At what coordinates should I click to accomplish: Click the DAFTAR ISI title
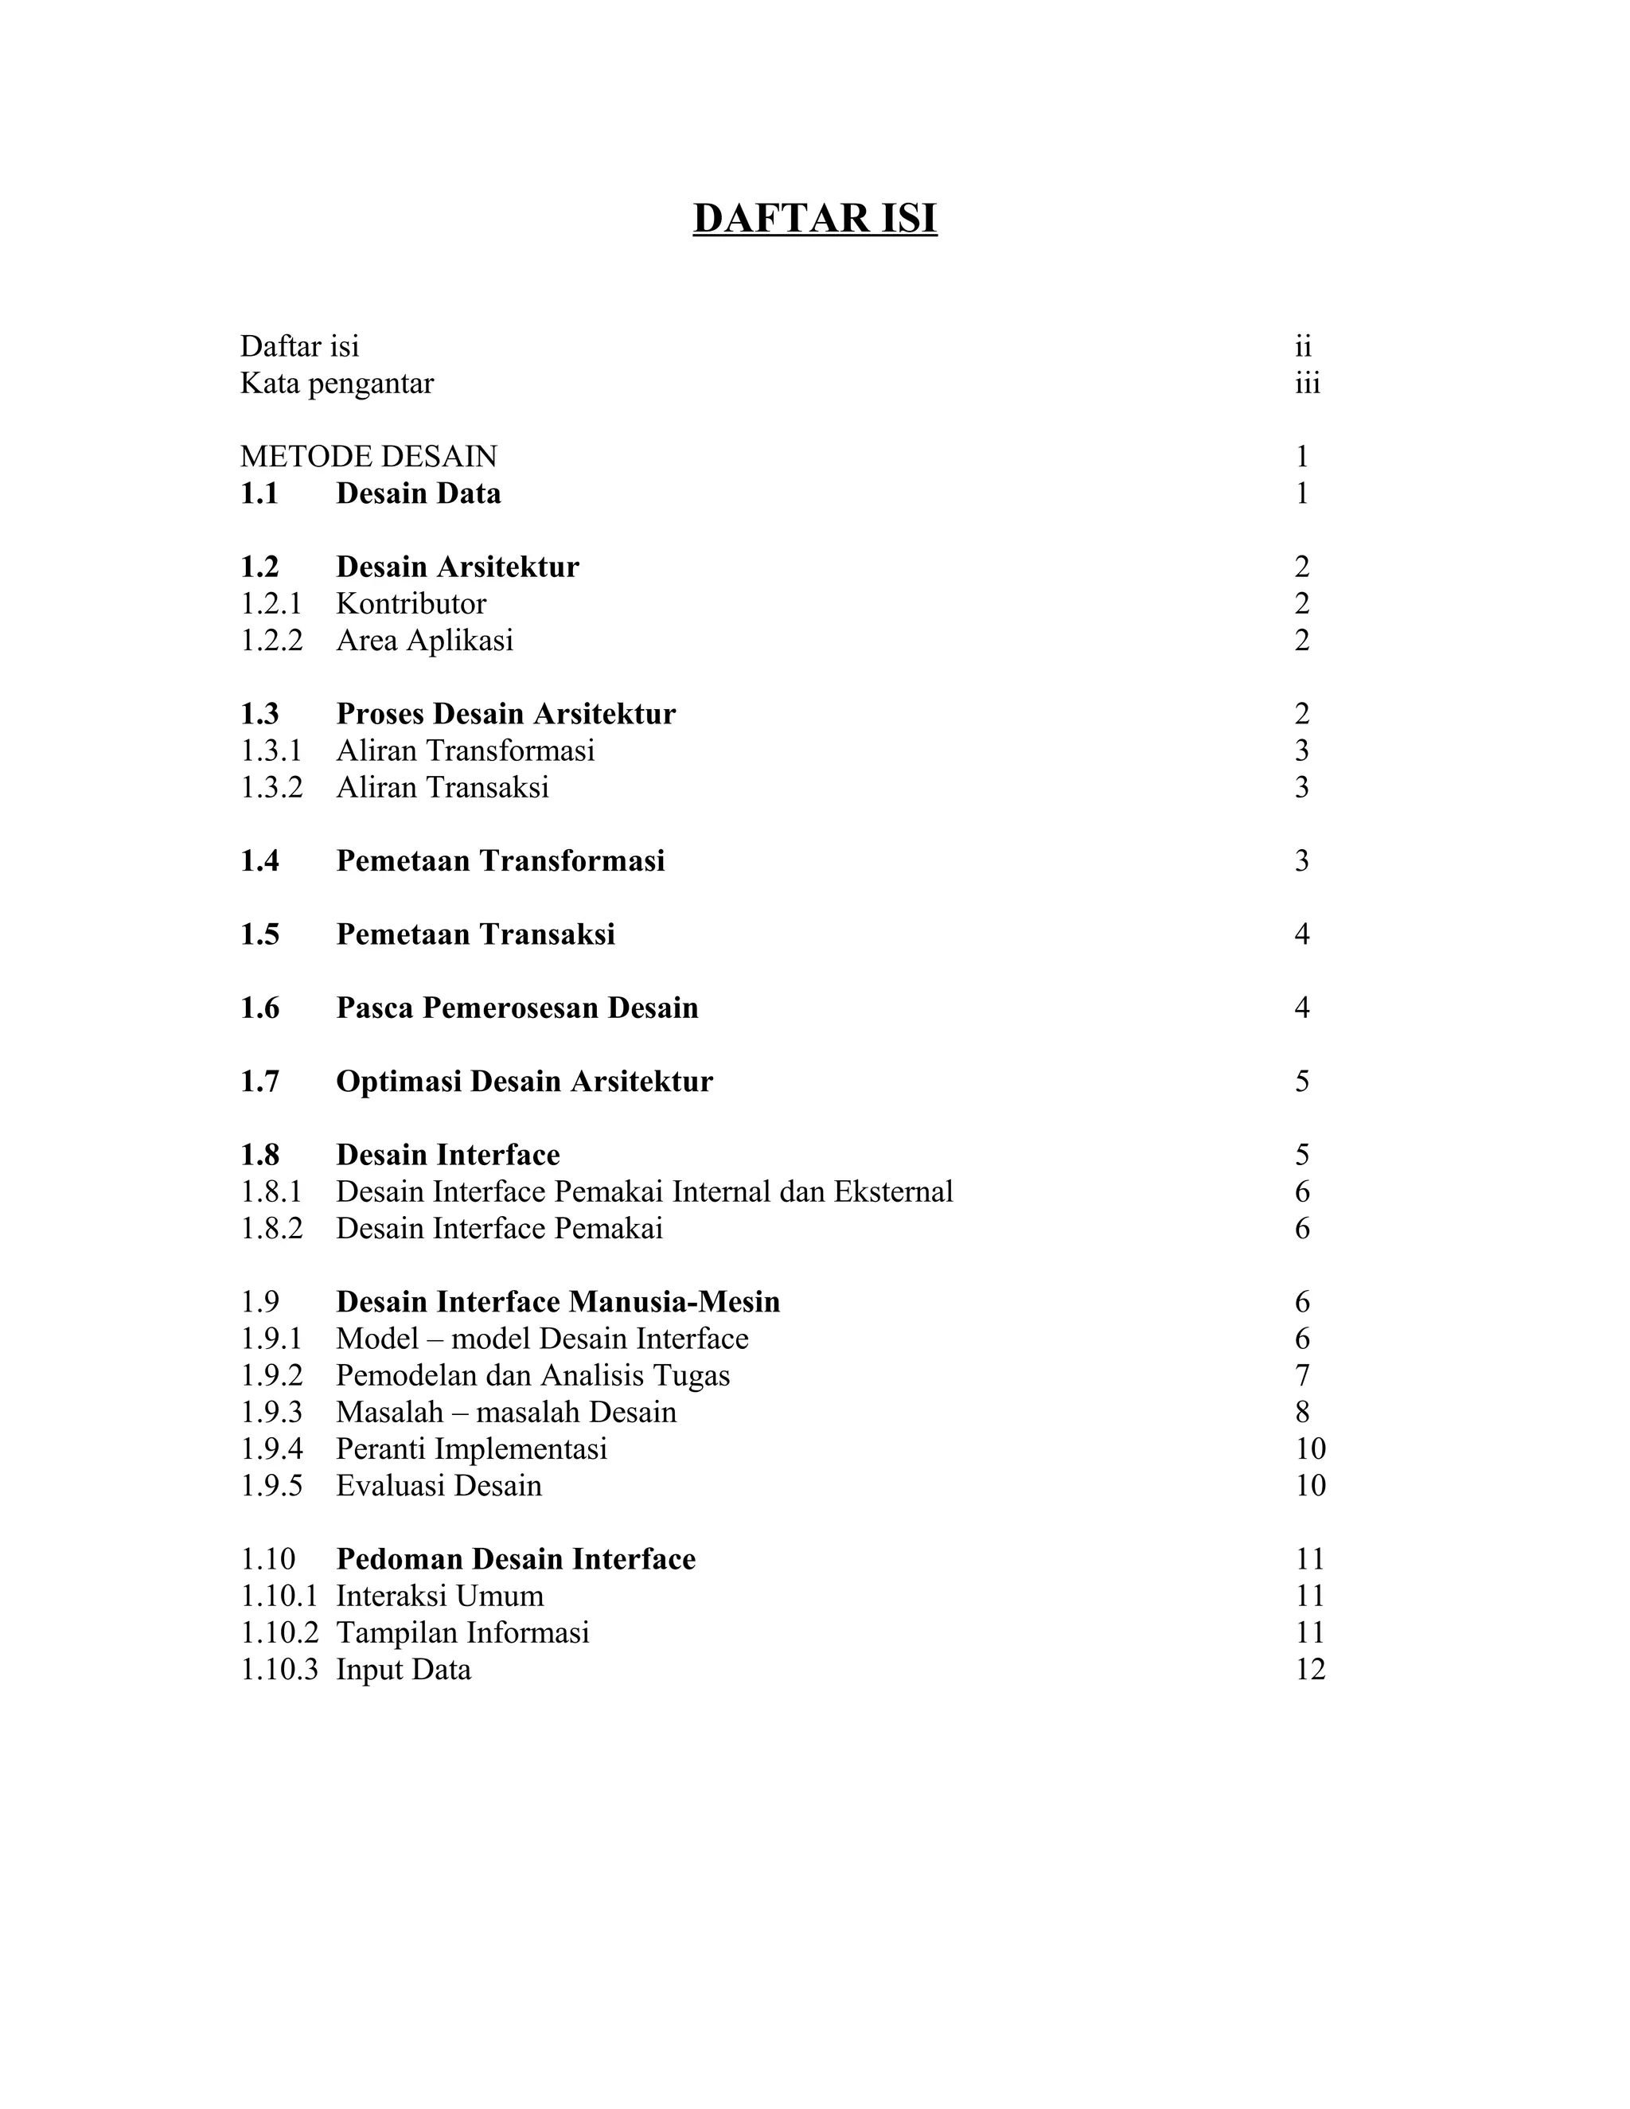click(x=814, y=218)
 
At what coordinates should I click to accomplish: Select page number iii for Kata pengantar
click(x=1308, y=384)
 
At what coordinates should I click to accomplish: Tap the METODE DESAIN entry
click(x=368, y=456)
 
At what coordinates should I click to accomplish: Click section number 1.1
click(x=259, y=493)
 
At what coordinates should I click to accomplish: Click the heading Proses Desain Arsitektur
click(x=505, y=714)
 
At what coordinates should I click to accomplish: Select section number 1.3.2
click(x=271, y=787)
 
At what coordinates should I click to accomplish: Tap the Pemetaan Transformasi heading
click(x=499, y=860)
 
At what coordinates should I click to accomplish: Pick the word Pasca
click(x=375, y=1008)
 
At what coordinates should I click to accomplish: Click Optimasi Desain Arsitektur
click(x=524, y=1081)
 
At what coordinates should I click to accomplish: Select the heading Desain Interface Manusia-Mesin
click(x=557, y=1302)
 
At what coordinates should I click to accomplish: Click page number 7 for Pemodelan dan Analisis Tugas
click(x=1301, y=1375)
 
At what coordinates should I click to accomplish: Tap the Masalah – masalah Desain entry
click(x=506, y=1412)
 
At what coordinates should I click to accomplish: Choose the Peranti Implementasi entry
click(x=471, y=1448)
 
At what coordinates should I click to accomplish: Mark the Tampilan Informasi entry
click(x=462, y=1632)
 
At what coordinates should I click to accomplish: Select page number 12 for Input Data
click(x=1309, y=1669)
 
